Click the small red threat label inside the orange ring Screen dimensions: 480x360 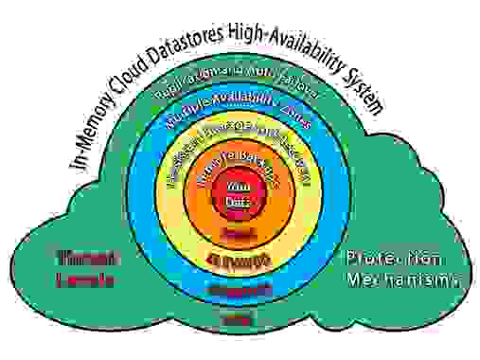pyautogui.click(x=236, y=233)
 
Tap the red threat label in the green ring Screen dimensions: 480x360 pyautogui.click(x=236, y=320)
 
